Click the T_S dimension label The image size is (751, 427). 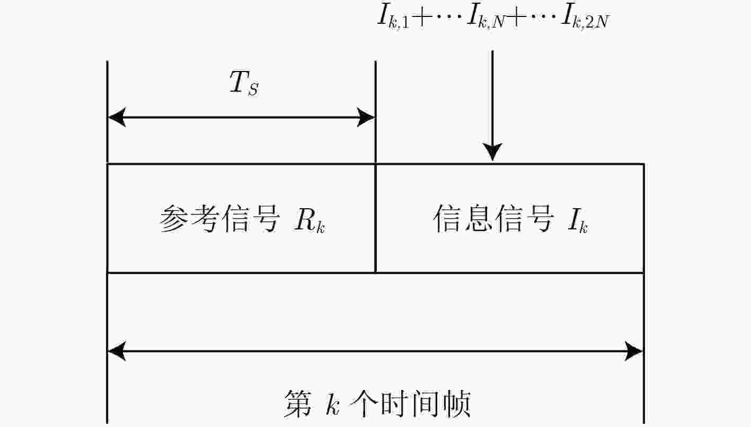coord(244,84)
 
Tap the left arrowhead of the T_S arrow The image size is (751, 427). coord(117,117)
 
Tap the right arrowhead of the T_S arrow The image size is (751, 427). coord(366,117)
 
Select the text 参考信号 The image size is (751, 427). coord(219,219)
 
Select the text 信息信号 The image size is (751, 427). coord(493,219)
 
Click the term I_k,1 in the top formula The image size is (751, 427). coord(393,17)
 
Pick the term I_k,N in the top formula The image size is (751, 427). coord(486,17)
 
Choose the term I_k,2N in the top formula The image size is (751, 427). coord(585,17)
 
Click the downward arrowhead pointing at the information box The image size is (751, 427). coord(492,152)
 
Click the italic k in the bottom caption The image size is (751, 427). coord(332,404)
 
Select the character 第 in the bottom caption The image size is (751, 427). coord(297,403)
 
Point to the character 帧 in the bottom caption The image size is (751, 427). coord(457,403)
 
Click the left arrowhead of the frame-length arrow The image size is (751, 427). coord(117,351)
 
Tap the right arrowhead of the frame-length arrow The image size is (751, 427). coord(634,351)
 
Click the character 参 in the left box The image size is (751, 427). coord(174,219)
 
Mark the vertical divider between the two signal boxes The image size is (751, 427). coord(375,218)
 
